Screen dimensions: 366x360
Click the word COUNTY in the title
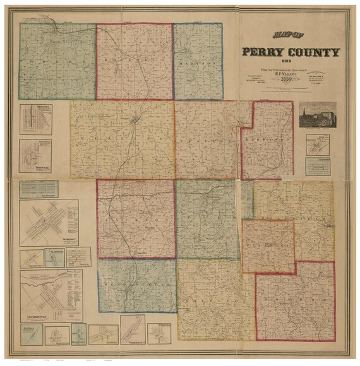tap(315, 53)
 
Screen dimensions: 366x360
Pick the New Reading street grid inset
tap(39, 188)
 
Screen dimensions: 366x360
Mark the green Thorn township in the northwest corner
tap(57, 61)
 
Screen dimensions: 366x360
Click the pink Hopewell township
tap(135, 61)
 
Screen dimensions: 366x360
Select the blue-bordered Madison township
tap(198, 61)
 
